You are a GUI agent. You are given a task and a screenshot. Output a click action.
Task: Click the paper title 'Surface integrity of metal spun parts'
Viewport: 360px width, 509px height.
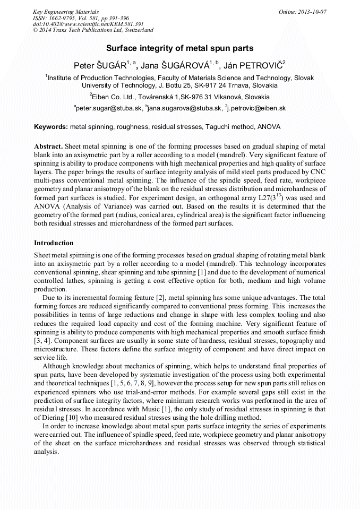click(x=179, y=48)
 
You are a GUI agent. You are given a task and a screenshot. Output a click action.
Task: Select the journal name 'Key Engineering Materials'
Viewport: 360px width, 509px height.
click(x=63, y=11)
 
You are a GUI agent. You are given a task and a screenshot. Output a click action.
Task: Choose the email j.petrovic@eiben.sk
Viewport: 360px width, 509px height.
click(x=256, y=108)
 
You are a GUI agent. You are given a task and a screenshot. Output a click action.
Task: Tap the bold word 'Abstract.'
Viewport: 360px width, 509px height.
click(x=49, y=146)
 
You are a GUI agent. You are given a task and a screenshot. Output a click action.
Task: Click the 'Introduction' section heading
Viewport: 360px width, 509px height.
click(x=54, y=243)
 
